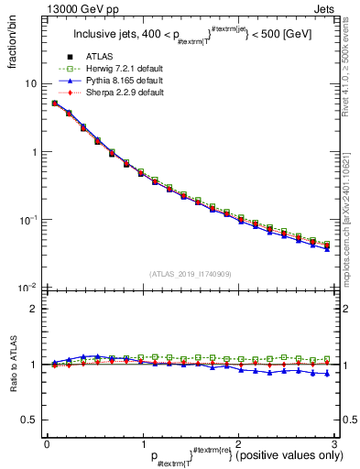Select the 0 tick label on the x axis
click(x=47, y=442)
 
